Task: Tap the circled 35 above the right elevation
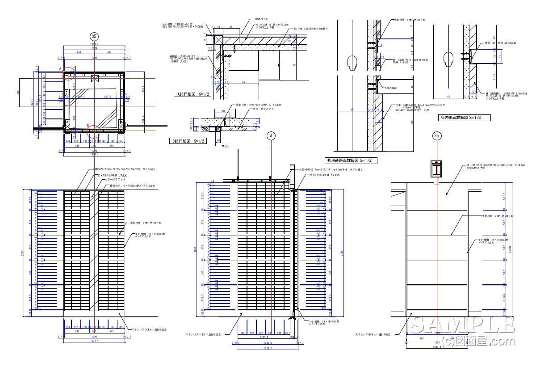pos(436,135)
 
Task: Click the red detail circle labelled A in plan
pos(68,74)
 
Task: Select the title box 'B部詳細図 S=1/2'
pos(188,141)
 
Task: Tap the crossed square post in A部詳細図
pos(218,39)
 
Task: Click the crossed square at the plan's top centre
pos(94,79)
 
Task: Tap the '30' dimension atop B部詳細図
pos(223,111)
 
